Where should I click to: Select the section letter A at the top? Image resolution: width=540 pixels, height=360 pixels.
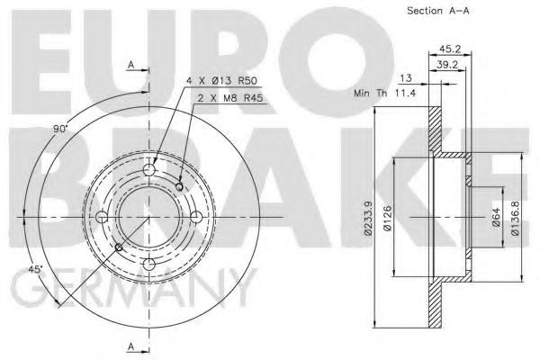point(130,65)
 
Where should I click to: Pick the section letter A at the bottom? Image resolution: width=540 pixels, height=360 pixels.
point(130,346)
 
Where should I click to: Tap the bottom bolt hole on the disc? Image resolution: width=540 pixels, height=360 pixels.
point(149,263)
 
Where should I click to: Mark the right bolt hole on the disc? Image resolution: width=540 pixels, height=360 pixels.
point(196,216)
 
